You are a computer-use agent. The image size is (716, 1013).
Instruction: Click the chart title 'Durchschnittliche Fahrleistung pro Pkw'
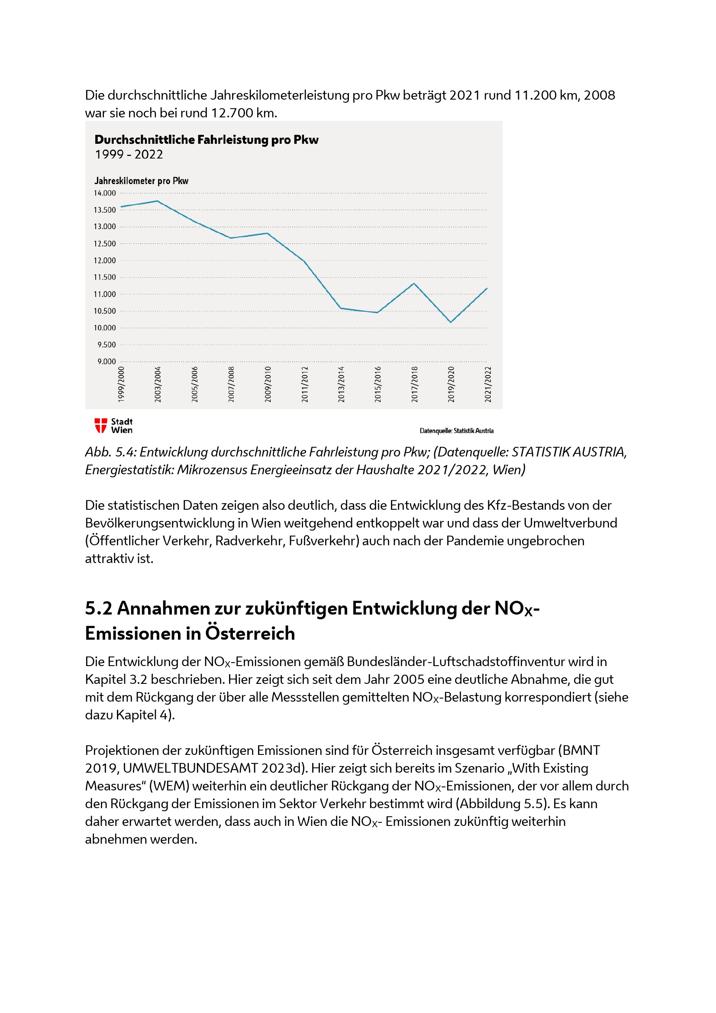click(206, 140)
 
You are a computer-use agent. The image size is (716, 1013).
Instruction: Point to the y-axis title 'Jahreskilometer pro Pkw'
click(141, 181)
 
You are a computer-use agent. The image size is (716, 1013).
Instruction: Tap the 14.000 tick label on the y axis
click(104, 193)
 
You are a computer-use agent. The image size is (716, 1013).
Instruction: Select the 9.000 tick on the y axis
click(106, 362)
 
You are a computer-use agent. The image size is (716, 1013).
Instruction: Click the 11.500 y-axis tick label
click(104, 278)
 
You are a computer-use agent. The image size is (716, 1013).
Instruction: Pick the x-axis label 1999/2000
click(121, 384)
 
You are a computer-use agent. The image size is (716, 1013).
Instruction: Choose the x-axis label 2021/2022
click(487, 384)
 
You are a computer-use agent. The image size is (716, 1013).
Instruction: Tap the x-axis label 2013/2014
click(341, 384)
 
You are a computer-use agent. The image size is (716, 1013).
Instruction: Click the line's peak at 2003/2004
click(158, 201)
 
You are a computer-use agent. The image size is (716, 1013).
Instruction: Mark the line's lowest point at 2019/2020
click(451, 322)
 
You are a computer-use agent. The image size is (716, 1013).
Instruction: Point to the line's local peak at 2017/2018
click(414, 284)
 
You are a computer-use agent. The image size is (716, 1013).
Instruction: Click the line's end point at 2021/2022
click(487, 288)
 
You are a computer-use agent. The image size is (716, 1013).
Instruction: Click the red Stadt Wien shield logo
click(100, 426)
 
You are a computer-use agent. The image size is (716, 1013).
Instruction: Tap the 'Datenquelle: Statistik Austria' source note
click(456, 431)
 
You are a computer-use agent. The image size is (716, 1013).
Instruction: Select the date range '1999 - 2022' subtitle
click(129, 155)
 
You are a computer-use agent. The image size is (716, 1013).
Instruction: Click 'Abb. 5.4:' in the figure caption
click(110, 452)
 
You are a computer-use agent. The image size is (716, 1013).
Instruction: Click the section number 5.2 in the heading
click(98, 608)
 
